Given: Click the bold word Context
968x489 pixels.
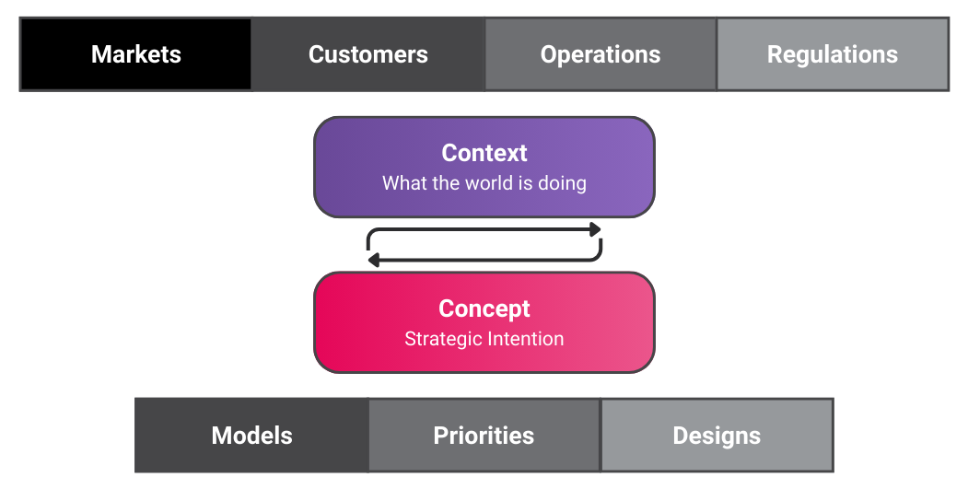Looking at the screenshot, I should coord(484,153).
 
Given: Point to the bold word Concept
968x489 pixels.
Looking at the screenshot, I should coord(484,309).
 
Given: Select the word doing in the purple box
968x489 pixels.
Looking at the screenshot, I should coord(561,182).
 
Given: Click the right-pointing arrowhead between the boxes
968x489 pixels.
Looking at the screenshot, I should coord(595,229).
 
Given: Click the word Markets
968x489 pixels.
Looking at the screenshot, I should coord(135,54).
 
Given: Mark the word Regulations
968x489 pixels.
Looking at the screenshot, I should coord(832,54).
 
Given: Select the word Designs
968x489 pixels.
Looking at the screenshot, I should coord(717,436).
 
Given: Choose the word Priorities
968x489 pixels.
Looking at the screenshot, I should coord(484,436).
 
